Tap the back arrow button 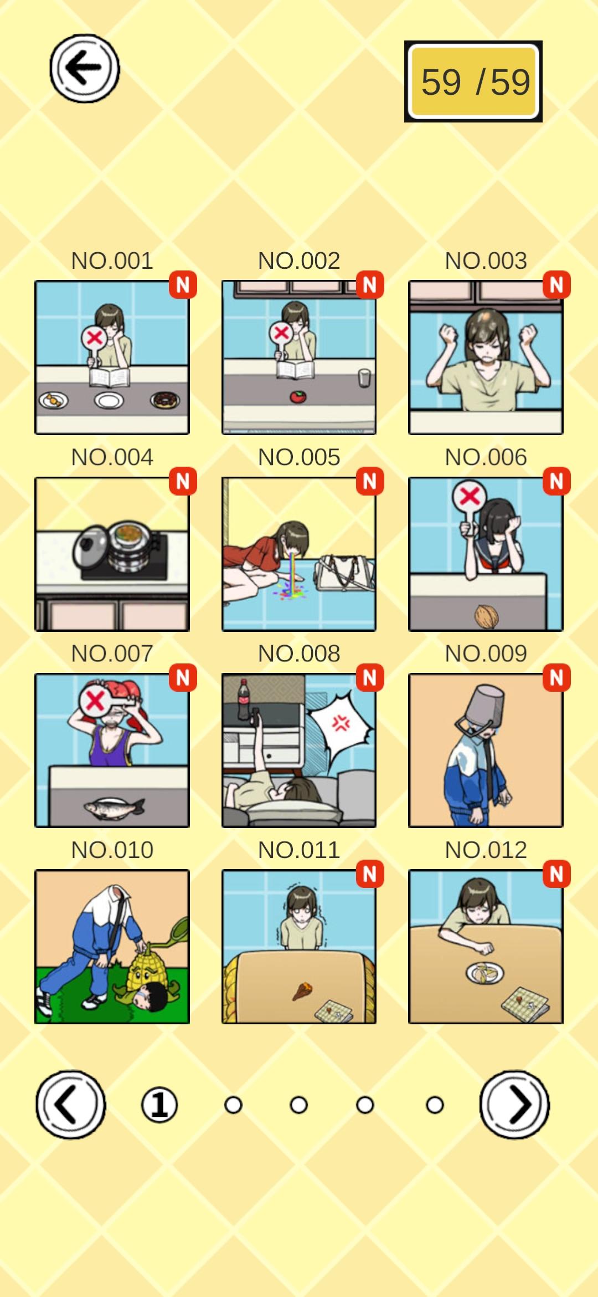tap(85, 69)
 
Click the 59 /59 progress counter tap(473, 81)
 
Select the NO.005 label tap(299, 457)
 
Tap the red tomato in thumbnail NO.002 tap(298, 396)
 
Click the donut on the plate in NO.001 tap(165, 400)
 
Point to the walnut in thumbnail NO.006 tap(487, 616)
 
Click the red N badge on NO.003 tap(556, 285)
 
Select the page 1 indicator tap(159, 1105)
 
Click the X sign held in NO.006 tap(470, 496)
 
